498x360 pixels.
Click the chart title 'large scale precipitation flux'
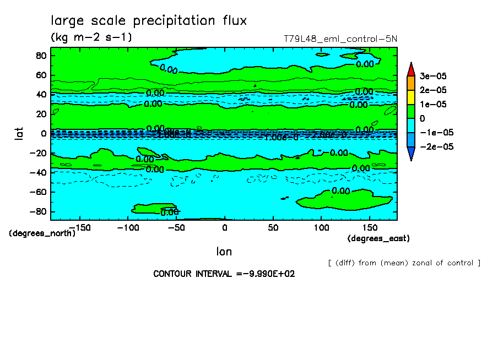click(x=149, y=21)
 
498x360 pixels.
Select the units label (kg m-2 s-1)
click(x=91, y=37)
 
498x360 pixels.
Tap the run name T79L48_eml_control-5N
click(x=340, y=39)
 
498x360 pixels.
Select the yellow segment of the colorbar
click(x=410, y=97)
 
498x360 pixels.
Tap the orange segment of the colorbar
click(x=410, y=83)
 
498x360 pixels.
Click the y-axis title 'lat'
click(x=18, y=133)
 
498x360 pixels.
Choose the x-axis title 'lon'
click(x=224, y=252)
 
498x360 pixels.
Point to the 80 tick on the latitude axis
click(x=41, y=56)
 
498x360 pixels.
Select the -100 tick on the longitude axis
click(x=128, y=227)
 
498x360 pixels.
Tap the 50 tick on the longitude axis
click(x=273, y=227)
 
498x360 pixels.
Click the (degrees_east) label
click(x=378, y=238)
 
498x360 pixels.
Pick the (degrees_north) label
click(x=42, y=233)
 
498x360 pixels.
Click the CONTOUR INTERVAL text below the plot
click(x=224, y=274)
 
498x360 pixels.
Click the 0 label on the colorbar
click(x=422, y=118)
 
